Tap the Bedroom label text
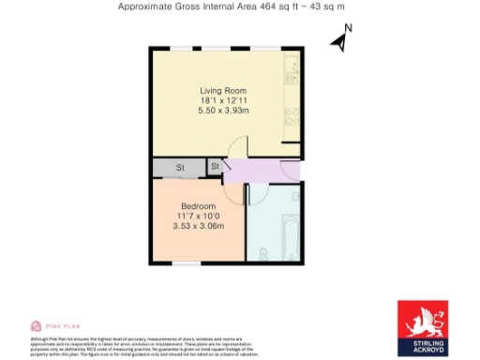pos(198,206)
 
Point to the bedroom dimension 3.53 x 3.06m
pos(198,226)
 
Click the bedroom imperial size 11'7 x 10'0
pos(198,216)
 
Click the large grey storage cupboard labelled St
pos(180,167)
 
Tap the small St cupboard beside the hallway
pos(215,167)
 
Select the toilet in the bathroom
pos(262,252)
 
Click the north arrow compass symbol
pos(341,39)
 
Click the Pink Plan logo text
pos(58,325)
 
